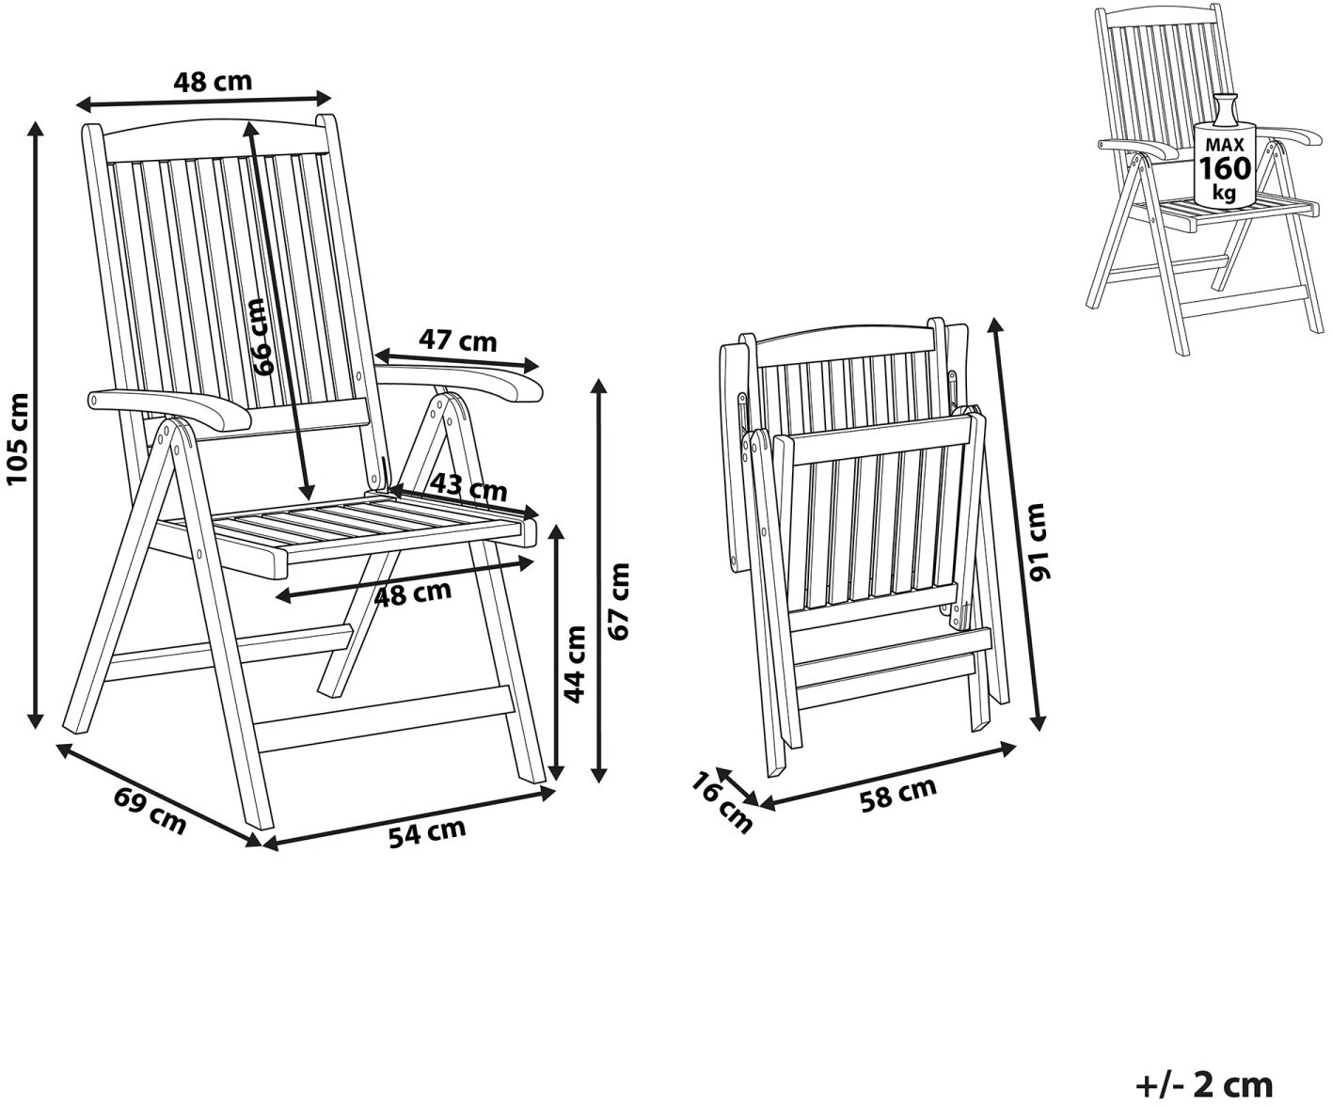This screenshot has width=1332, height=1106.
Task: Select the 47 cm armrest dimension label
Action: click(x=457, y=340)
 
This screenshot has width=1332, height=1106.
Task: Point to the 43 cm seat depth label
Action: click(x=468, y=488)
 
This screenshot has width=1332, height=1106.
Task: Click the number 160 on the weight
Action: click(x=1224, y=168)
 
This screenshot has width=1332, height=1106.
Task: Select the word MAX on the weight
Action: click(x=1224, y=145)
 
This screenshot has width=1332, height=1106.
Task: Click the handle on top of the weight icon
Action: click(x=1224, y=107)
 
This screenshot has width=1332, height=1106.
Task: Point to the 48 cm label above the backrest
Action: click(x=213, y=82)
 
